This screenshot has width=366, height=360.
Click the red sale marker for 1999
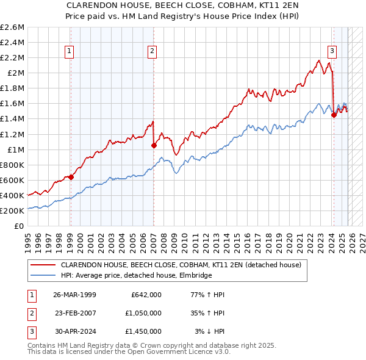click(71, 177)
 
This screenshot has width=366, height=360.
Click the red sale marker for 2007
click(154, 145)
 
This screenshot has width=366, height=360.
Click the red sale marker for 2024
click(334, 115)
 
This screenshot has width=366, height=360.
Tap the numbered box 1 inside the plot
click(70, 52)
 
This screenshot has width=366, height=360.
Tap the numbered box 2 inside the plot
click(151, 52)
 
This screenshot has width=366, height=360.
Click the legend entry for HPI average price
click(136, 276)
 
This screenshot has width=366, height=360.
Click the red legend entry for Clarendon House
click(181, 265)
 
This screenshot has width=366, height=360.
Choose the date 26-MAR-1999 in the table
click(74, 295)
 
